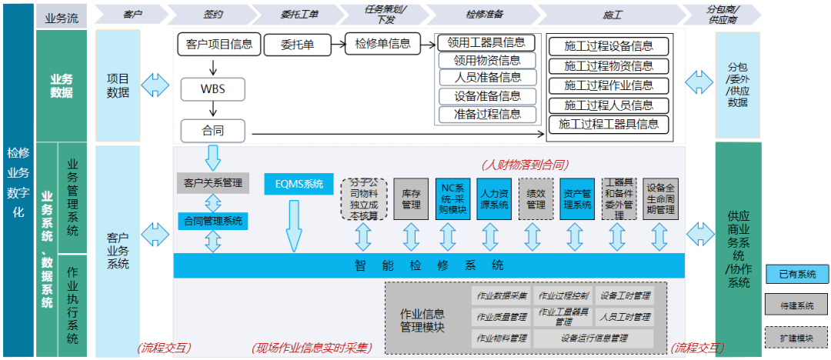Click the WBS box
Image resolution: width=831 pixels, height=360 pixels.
(x=212, y=88)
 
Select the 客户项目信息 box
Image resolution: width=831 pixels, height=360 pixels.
(x=219, y=44)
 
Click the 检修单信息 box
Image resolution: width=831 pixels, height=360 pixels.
(x=382, y=44)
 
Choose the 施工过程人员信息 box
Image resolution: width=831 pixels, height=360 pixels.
(x=609, y=105)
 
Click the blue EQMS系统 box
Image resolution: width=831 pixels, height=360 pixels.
(x=299, y=185)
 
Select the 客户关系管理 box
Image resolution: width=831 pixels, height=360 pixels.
(x=213, y=183)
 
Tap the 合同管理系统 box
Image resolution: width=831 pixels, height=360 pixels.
(x=213, y=221)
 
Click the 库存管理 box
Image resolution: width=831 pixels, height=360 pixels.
(x=411, y=199)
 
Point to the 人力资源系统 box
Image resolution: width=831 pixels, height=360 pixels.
(x=493, y=199)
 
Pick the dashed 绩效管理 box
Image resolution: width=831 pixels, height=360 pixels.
(x=536, y=199)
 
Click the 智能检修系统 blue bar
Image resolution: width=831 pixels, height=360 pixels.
(x=429, y=265)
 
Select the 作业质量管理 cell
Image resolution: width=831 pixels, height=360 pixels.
(x=501, y=316)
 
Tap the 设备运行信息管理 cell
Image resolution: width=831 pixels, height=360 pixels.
(x=594, y=338)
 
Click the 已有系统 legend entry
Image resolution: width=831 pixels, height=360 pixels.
(x=796, y=274)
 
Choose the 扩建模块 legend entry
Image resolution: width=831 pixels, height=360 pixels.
(x=796, y=337)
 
